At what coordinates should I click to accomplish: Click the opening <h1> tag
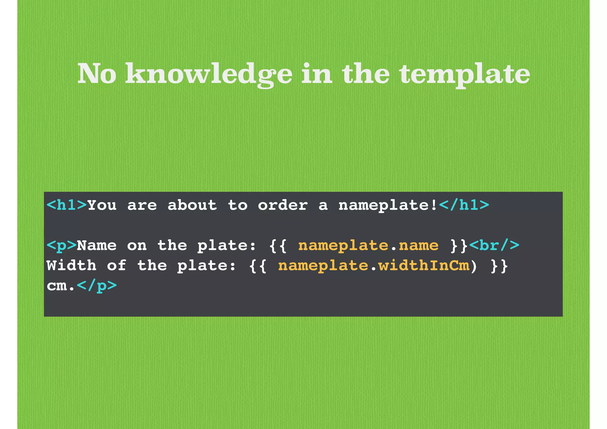(67, 205)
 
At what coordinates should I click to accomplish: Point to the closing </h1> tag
(464, 205)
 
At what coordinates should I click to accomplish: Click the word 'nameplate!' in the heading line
(388, 205)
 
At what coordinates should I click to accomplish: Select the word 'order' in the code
(283, 205)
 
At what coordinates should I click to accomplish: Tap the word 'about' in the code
(192, 205)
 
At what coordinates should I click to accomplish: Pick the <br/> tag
(494, 246)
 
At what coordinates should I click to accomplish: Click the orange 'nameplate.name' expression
(368, 246)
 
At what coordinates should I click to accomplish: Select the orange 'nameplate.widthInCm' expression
(374, 266)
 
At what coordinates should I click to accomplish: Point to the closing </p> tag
(97, 286)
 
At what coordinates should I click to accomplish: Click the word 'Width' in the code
(71, 266)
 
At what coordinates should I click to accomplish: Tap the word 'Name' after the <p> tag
(97, 246)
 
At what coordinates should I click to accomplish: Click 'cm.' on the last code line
(61, 286)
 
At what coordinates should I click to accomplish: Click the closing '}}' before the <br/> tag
(459, 246)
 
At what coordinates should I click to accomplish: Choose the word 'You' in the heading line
(102, 205)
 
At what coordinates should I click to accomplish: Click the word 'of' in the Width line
(117, 266)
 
